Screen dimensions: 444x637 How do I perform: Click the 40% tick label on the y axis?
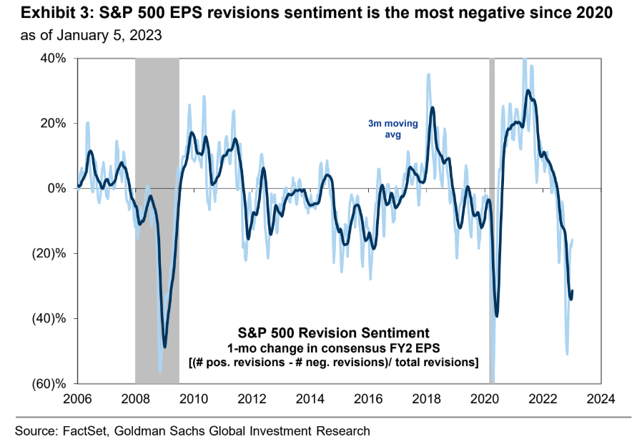[52, 59]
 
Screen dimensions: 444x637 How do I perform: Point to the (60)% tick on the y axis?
[49, 384]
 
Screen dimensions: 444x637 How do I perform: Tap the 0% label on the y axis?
[57, 189]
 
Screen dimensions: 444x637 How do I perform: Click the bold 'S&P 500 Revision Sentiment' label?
[333, 333]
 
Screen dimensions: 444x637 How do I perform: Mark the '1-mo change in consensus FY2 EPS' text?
[333, 348]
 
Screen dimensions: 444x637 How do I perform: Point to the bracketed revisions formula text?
[333, 363]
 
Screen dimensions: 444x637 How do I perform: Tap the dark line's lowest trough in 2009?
[165, 347]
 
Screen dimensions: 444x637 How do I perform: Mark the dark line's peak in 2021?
[528, 91]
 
